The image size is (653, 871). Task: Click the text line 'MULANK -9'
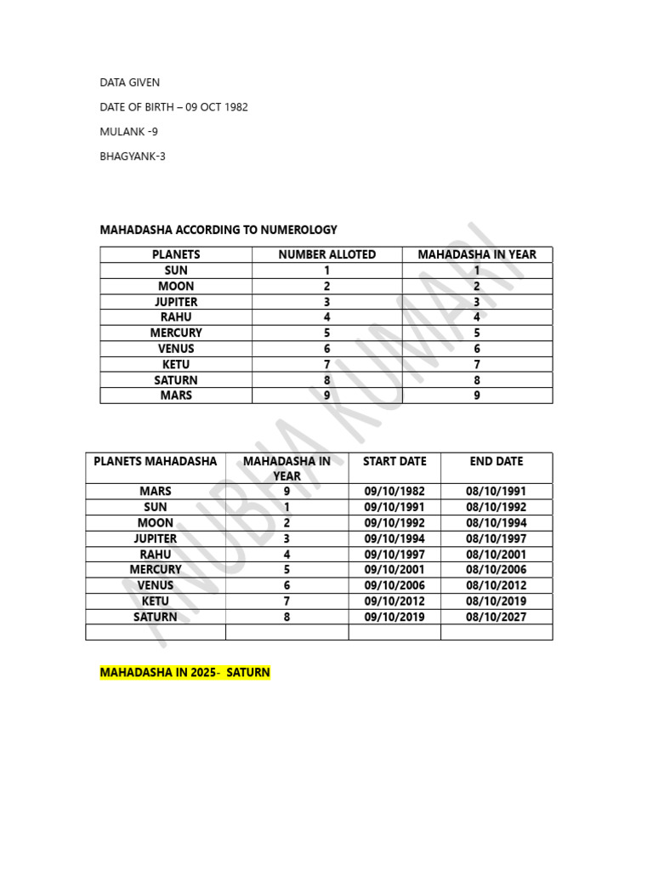[x=128, y=132]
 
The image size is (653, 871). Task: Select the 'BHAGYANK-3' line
[x=133, y=157]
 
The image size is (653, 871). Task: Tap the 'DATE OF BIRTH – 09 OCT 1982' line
[x=173, y=107]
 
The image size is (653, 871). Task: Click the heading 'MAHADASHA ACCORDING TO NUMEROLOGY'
[x=219, y=230]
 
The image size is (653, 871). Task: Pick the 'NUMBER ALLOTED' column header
[x=326, y=254]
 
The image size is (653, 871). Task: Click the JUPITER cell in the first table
[x=176, y=302]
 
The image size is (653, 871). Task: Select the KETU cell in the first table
[x=176, y=364]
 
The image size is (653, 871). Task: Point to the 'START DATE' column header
[x=395, y=461]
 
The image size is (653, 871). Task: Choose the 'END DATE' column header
[x=496, y=461]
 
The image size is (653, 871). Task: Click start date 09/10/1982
[x=395, y=492]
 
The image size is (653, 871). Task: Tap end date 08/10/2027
[x=496, y=617]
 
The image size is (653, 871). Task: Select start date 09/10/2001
[x=395, y=570]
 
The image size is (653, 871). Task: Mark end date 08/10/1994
[x=496, y=523]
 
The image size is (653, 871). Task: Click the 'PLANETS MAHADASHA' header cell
[x=156, y=461]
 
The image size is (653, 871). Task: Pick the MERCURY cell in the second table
[x=156, y=570]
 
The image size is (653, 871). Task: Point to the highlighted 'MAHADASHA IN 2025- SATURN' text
[x=185, y=673]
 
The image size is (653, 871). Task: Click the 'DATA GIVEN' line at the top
[x=129, y=83]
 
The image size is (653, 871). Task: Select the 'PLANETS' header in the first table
[x=176, y=254]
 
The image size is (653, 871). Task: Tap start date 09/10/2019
[x=395, y=617]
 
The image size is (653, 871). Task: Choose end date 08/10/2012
[x=496, y=585]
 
